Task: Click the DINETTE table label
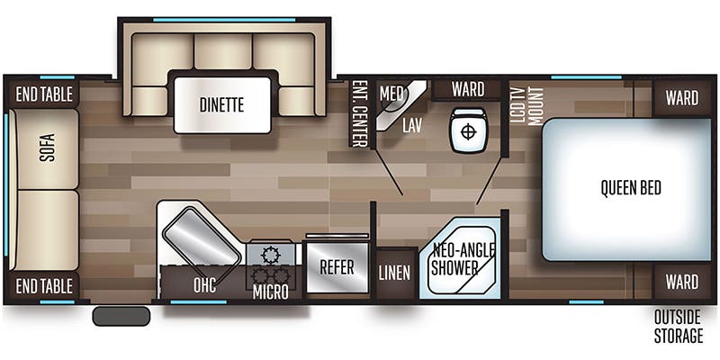[221, 105]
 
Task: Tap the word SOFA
[47, 148]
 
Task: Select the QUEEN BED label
[631, 188]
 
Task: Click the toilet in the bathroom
[468, 130]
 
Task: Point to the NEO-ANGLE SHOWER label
[463, 259]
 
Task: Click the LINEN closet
[394, 273]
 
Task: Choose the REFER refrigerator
[337, 267]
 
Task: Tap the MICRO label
[271, 292]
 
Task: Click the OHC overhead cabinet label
[205, 285]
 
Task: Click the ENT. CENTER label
[358, 114]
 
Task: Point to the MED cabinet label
[391, 94]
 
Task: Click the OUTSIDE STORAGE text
[678, 327]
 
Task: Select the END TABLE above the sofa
[44, 94]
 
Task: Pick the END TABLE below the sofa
[44, 285]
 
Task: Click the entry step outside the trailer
[121, 317]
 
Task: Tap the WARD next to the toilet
[467, 89]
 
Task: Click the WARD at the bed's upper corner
[682, 98]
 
